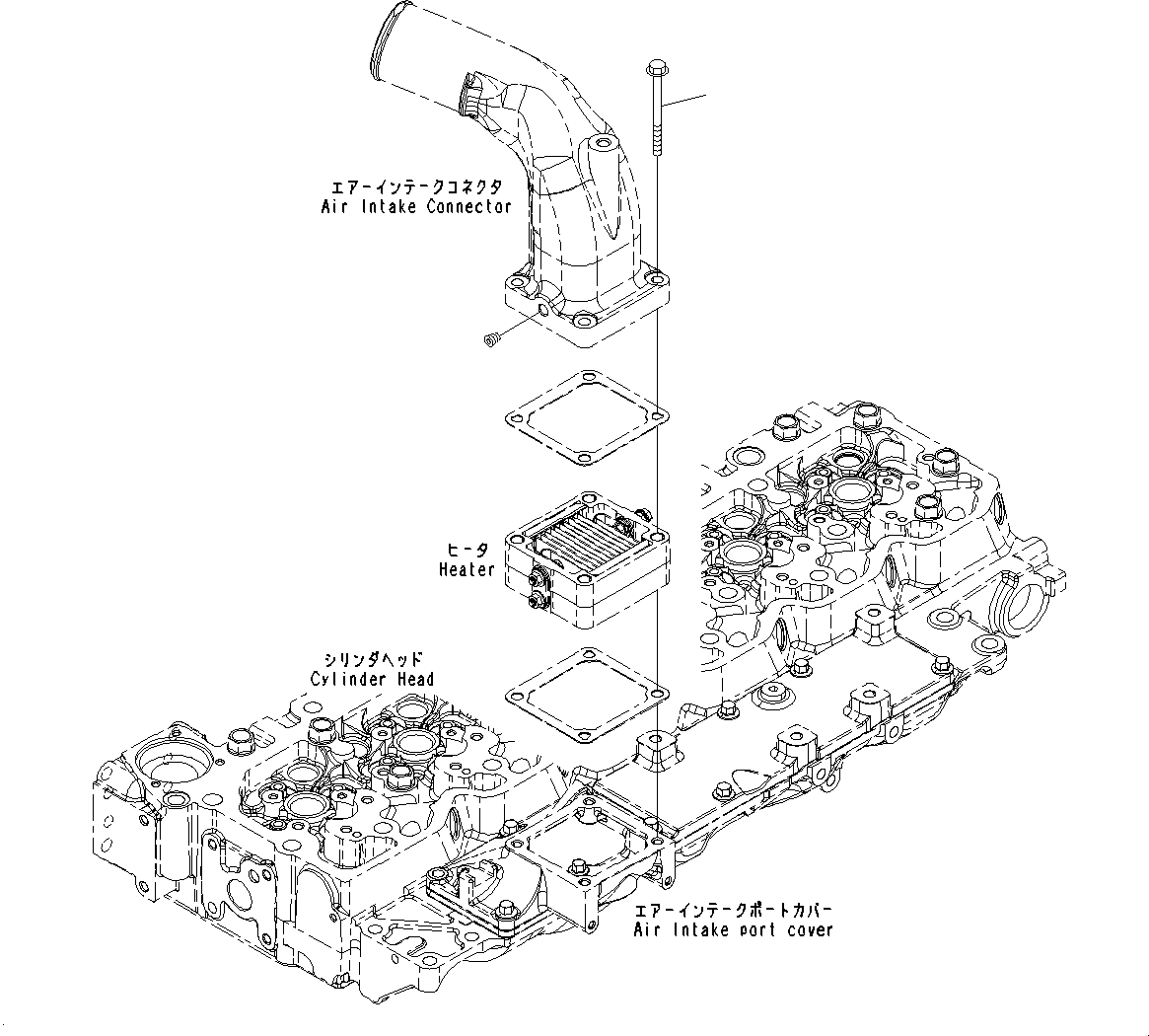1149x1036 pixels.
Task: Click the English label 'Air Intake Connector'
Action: (416, 206)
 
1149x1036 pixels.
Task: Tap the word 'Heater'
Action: (467, 569)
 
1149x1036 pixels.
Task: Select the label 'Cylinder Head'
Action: (371, 679)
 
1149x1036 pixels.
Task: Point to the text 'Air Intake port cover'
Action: (733, 929)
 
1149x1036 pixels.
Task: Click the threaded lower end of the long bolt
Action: (657, 138)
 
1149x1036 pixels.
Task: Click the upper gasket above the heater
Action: (586, 416)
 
